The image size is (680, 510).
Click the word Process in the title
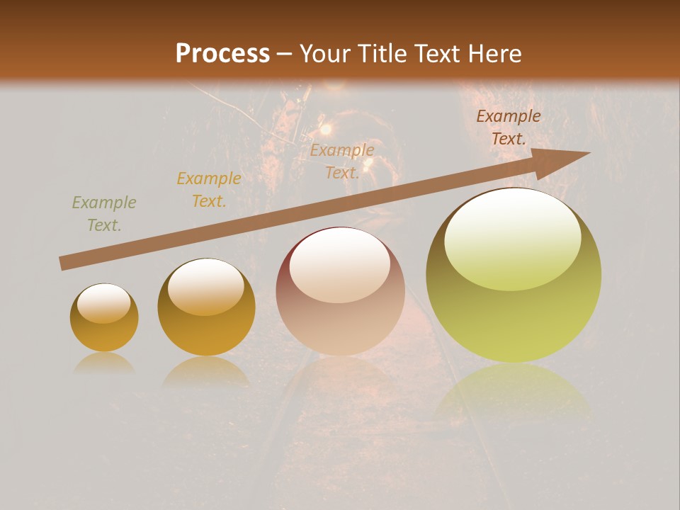pyautogui.click(x=222, y=54)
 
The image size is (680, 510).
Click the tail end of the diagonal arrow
pyautogui.click(x=64, y=263)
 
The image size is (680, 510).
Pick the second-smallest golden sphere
pyautogui.click(x=206, y=307)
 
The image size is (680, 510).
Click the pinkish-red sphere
pyautogui.click(x=340, y=291)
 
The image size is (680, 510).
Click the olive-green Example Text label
pyautogui.click(x=104, y=214)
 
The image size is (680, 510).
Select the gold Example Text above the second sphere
pyautogui.click(x=209, y=190)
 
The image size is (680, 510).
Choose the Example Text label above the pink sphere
pyautogui.click(x=342, y=161)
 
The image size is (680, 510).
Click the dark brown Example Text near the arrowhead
pyautogui.click(x=508, y=127)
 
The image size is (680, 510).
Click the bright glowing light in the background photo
pyautogui.click(x=325, y=129)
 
